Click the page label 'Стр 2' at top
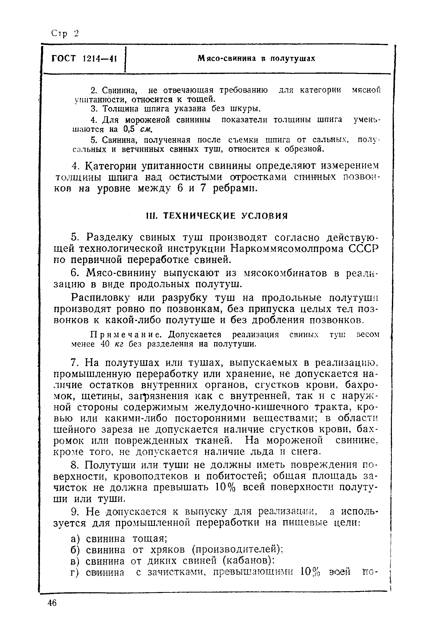point(65,34)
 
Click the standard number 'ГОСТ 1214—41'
point(84,59)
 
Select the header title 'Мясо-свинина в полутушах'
point(256,59)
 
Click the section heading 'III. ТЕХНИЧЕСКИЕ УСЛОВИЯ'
point(216,216)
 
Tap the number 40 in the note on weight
point(106,344)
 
